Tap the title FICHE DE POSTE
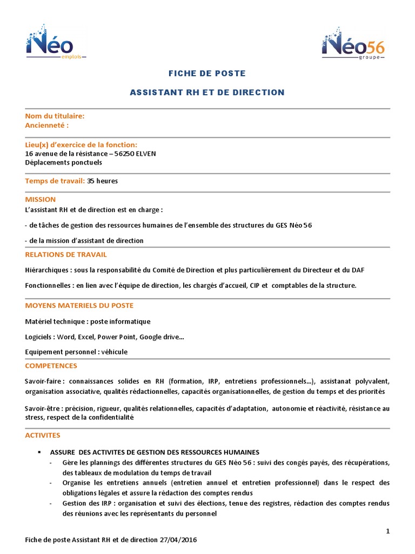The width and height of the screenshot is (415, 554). (x=207, y=73)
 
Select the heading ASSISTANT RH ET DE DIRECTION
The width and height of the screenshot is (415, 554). (x=207, y=93)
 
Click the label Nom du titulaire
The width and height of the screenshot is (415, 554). (x=55, y=116)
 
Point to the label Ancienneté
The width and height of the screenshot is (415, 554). (x=47, y=125)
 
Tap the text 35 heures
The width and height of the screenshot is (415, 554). (x=102, y=181)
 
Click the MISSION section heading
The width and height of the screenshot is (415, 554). (x=41, y=199)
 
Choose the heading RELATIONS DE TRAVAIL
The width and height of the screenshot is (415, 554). (x=66, y=254)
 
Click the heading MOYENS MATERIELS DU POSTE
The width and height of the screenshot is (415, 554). (x=79, y=306)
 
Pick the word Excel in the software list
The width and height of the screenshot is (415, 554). (x=86, y=337)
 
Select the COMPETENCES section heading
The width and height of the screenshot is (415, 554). (x=51, y=366)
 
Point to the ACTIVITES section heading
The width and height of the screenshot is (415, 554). (x=43, y=435)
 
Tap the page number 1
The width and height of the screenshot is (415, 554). (x=388, y=531)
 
